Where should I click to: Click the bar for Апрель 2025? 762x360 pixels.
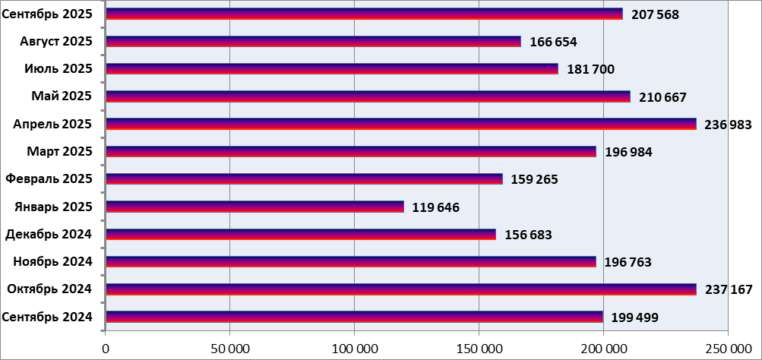pos(400,124)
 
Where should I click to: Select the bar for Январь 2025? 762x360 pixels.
pos(255,207)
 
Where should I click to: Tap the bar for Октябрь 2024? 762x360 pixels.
pos(400,289)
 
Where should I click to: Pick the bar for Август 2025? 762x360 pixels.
pos(313,41)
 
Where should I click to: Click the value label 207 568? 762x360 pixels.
pos(655,14)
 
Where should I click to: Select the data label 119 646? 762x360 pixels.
pos(436,207)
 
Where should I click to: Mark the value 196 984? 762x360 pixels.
pos(628,152)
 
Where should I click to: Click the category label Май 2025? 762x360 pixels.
pos(62,96)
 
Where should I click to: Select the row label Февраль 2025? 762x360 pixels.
pos(49,178)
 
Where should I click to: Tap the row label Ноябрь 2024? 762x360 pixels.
pos(53,262)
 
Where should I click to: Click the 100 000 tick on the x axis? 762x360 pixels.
pos(354,348)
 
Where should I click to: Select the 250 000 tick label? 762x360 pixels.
pos(727,348)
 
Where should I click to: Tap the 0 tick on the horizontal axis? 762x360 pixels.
pos(106,348)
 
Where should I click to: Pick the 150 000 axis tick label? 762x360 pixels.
pos(479,348)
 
